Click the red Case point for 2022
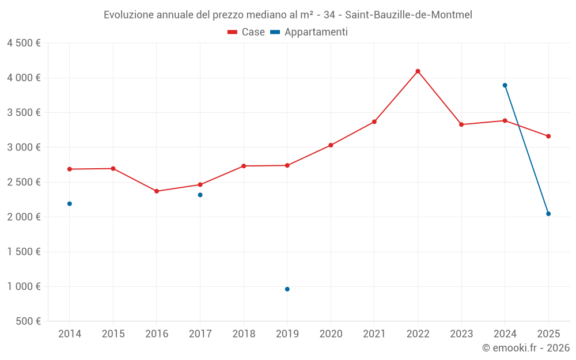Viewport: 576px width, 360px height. [x=418, y=71]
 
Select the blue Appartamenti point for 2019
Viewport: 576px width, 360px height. [x=287, y=289]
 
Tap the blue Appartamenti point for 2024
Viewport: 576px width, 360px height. [x=505, y=85]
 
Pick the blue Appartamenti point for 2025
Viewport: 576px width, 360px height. [x=548, y=214]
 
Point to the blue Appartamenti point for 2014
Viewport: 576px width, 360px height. [x=69, y=203]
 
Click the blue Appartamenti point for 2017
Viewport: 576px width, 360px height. [x=200, y=195]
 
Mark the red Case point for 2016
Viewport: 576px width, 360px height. [x=156, y=191]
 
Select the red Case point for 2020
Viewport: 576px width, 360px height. [x=331, y=145]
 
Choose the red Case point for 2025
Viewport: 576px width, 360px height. [x=548, y=136]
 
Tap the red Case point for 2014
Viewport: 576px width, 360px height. [x=69, y=169]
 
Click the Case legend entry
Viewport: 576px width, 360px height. [x=247, y=32]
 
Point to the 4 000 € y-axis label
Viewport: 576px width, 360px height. [x=24, y=78]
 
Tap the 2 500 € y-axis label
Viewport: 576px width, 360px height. [x=24, y=182]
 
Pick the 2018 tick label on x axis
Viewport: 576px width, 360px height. [x=243, y=334]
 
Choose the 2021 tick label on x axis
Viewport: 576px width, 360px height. [x=374, y=334]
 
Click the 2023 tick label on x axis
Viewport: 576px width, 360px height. [x=461, y=334]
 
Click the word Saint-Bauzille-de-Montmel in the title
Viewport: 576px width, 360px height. [x=408, y=15]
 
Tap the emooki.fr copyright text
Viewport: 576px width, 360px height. [x=525, y=348]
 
